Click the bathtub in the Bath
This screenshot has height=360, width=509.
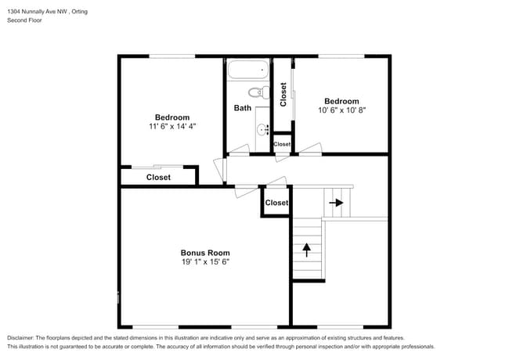(x=248, y=70)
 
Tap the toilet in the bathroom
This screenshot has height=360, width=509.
(x=259, y=92)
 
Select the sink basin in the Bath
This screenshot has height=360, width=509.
(x=262, y=130)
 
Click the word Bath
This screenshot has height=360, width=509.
(x=243, y=108)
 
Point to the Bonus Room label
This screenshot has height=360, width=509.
(x=205, y=253)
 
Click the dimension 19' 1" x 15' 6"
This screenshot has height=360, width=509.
(x=205, y=261)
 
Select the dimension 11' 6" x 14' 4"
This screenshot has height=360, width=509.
(x=172, y=126)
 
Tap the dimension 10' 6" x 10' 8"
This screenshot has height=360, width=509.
(x=342, y=110)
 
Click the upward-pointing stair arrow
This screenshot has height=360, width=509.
(x=306, y=250)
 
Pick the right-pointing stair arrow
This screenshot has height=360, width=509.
(x=336, y=203)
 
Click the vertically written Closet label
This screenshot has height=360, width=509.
(x=283, y=95)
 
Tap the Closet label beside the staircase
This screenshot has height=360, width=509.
(x=276, y=203)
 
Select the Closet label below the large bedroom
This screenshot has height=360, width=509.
(x=158, y=178)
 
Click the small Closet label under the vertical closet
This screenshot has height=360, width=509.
(x=282, y=144)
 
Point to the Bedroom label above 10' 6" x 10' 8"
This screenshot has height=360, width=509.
(x=342, y=101)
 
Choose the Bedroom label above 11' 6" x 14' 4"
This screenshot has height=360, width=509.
(x=172, y=117)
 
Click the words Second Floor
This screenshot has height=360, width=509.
(x=24, y=20)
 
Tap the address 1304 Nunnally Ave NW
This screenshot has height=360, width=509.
(x=37, y=12)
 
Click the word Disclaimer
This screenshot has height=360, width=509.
(x=20, y=338)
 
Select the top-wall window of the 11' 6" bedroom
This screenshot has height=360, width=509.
(x=172, y=56)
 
